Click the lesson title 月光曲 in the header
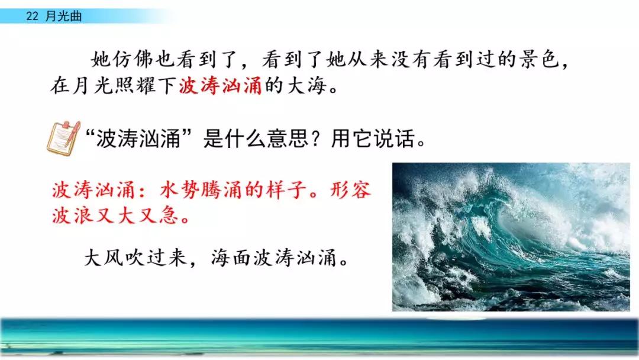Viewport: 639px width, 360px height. pos(63,16)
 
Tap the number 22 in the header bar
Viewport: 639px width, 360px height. pos(32,16)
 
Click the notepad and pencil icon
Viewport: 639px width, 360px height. pos(64,138)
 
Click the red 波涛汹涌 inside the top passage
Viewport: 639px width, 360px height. pos(221,86)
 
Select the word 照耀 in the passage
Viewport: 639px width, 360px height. pos(135,86)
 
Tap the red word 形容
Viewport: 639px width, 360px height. pos(350,190)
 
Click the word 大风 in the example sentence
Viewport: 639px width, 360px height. pos(104,258)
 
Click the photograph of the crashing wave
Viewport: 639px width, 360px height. pos(511,237)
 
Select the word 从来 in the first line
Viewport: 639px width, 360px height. pos(367,60)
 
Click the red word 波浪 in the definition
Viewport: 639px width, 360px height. pos(73,216)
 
